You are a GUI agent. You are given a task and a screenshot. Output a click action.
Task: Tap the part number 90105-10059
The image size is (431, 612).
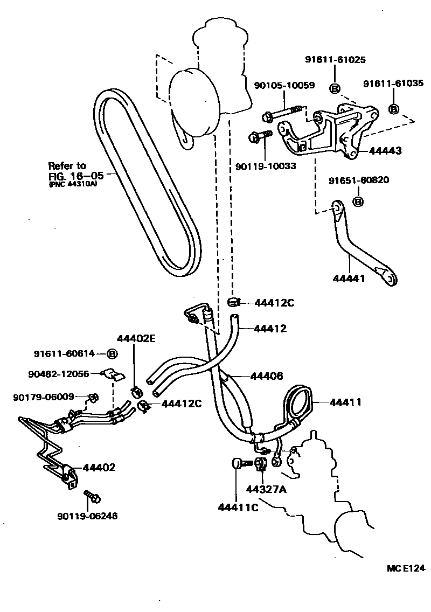pyautogui.click(x=285, y=85)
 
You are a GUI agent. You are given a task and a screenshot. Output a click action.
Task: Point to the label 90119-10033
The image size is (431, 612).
pyautogui.click(x=266, y=166)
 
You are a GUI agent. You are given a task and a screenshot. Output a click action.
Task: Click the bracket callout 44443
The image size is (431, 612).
pyautogui.click(x=385, y=151)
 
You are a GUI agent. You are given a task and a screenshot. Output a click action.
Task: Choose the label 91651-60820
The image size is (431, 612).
pyautogui.click(x=359, y=179)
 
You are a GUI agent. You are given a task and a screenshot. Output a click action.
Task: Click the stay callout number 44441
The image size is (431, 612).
pyautogui.click(x=349, y=279)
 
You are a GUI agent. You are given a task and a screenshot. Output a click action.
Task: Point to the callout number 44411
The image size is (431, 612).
pyautogui.click(x=345, y=402)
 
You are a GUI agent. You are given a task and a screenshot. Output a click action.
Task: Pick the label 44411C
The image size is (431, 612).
pyautogui.click(x=238, y=506)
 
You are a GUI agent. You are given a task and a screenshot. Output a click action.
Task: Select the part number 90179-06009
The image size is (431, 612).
pyautogui.click(x=44, y=397)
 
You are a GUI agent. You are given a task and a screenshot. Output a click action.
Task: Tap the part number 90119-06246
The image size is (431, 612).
pyautogui.click(x=87, y=516)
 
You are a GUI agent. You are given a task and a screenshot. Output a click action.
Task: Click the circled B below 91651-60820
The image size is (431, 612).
pyautogui.click(x=358, y=201)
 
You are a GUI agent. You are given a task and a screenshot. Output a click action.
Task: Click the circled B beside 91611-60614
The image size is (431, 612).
pyautogui.click(x=112, y=354)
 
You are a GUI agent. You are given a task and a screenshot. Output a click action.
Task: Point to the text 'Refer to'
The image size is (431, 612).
pyautogui.click(x=67, y=166)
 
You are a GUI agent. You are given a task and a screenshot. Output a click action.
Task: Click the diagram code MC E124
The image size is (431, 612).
pyautogui.click(x=406, y=568)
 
